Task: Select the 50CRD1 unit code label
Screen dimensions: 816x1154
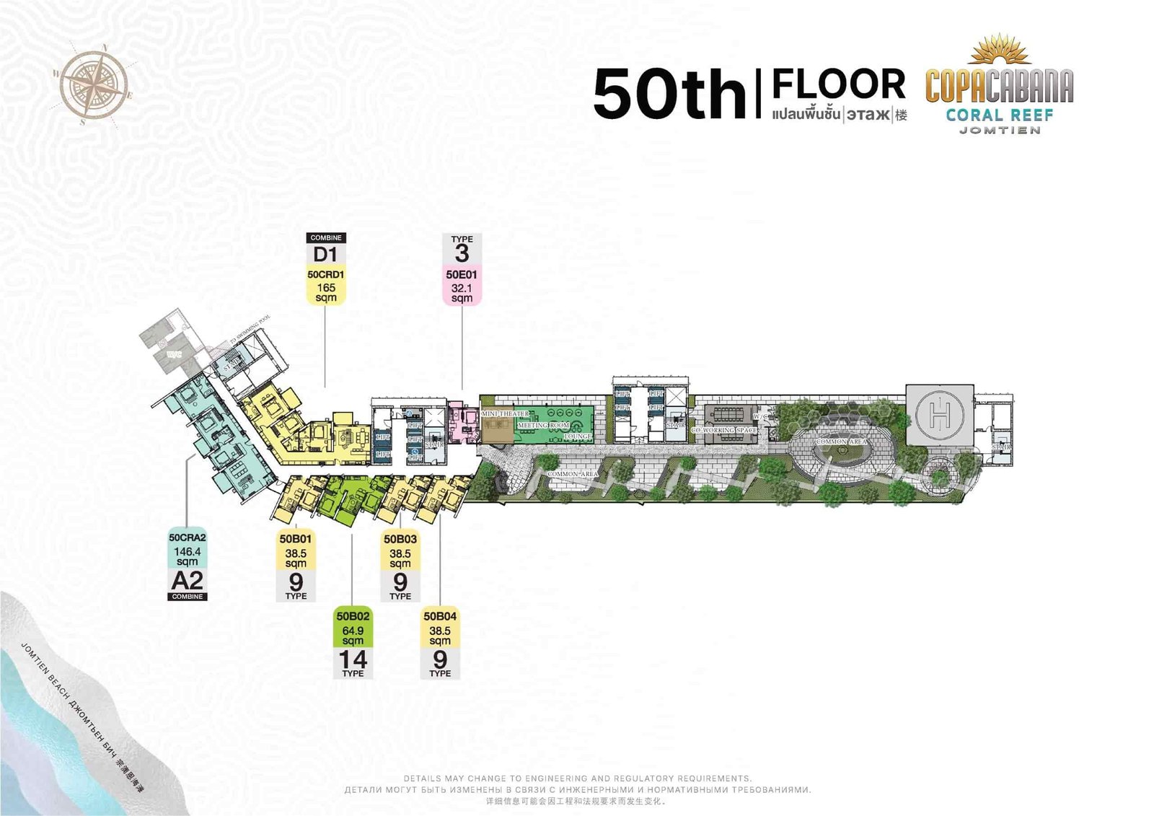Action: point(326,275)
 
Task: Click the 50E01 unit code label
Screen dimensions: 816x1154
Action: point(462,275)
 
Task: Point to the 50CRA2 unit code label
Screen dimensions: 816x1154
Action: point(188,538)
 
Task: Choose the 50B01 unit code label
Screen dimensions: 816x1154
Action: point(296,539)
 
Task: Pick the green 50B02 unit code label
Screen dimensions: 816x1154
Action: point(353,616)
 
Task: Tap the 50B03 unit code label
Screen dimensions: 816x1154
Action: point(400,539)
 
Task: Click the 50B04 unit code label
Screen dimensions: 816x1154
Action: point(440,616)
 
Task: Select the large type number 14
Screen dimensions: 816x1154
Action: point(353,659)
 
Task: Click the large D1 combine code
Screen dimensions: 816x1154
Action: point(325,255)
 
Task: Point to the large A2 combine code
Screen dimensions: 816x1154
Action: point(188,581)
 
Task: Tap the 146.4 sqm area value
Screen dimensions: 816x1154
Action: point(188,556)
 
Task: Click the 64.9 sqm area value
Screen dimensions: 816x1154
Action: point(353,635)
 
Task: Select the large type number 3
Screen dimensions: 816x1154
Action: point(462,254)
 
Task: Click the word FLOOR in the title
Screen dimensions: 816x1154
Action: point(839,84)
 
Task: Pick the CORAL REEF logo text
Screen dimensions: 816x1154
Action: point(1000,115)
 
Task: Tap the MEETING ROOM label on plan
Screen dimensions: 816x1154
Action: point(544,426)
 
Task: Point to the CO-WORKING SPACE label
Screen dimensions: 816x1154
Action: point(725,430)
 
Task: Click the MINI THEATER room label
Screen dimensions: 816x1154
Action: point(505,414)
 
